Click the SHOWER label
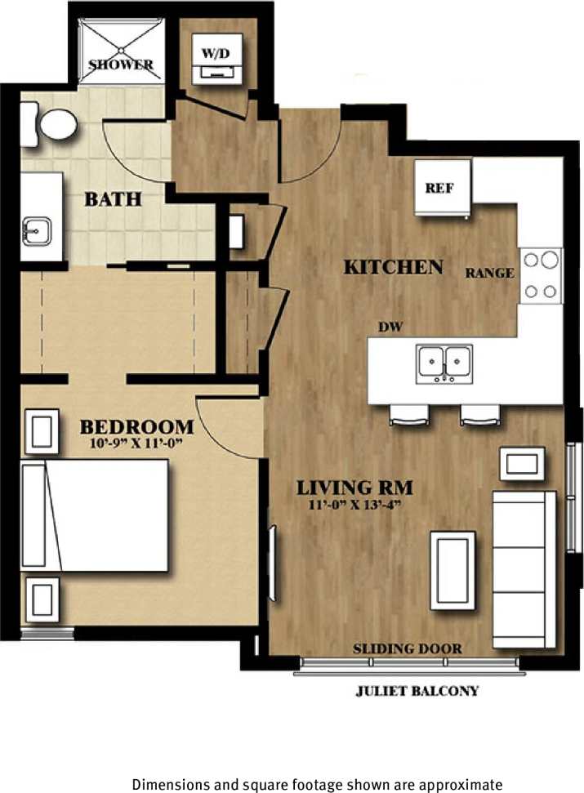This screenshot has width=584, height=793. pyautogui.click(x=121, y=65)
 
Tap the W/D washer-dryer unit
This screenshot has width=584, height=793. pyautogui.click(x=217, y=58)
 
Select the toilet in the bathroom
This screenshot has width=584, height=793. pyautogui.click(x=51, y=125)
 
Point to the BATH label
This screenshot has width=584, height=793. pyautogui.click(x=114, y=198)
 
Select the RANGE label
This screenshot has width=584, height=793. pyautogui.click(x=490, y=273)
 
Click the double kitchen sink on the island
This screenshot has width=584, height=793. pyautogui.click(x=445, y=363)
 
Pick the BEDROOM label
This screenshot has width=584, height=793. pyautogui.click(x=136, y=426)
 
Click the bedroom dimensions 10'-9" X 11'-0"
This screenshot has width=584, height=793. pyautogui.click(x=136, y=445)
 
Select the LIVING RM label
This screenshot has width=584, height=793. pyautogui.click(x=354, y=488)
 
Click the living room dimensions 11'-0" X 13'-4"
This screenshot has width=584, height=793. pyautogui.click(x=354, y=506)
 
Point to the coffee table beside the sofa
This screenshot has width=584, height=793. pyautogui.click(x=452, y=569)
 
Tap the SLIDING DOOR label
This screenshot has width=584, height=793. pyautogui.click(x=407, y=649)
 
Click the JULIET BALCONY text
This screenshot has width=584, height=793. pyautogui.click(x=417, y=691)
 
